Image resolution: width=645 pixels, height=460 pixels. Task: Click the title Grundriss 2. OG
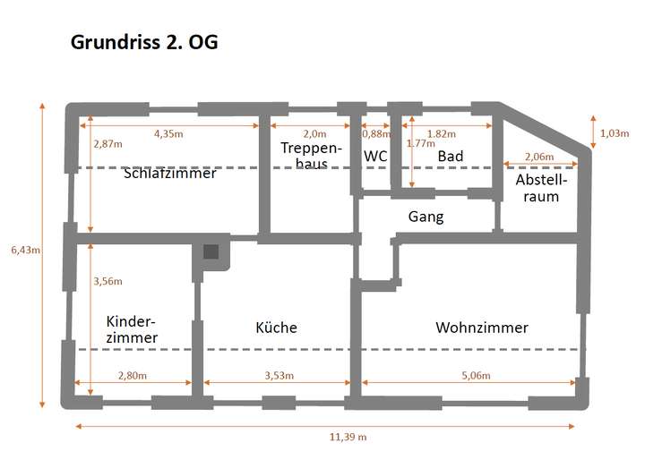coord(143,43)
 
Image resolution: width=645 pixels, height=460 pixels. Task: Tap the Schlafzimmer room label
coord(169,174)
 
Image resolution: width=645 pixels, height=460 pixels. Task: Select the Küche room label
coord(276,328)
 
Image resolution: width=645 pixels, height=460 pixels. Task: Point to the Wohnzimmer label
coord(482,328)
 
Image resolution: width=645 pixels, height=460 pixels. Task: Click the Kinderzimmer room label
coord(132,329)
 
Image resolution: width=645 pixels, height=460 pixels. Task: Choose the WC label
coord(375,157)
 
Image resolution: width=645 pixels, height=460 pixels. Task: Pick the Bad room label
coord(450,157)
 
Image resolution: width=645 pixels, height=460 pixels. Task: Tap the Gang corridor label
coord(426,217)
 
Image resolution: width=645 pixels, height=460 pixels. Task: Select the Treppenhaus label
coord(310,156)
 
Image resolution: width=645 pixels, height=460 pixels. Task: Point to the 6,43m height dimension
coord(22,251)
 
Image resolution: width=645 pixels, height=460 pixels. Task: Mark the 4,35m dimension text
coord(168,133)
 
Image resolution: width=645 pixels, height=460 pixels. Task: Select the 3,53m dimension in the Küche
coord(279,375)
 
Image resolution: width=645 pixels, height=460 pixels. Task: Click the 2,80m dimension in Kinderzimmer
coord(132,375)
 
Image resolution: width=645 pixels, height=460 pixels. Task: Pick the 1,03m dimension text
coord(614,133)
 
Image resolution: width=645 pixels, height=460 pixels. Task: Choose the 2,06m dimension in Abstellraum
coord(538,157)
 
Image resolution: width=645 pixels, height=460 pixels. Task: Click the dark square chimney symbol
coord(211,252)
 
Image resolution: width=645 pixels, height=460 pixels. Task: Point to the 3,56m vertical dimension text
coord(107,281)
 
